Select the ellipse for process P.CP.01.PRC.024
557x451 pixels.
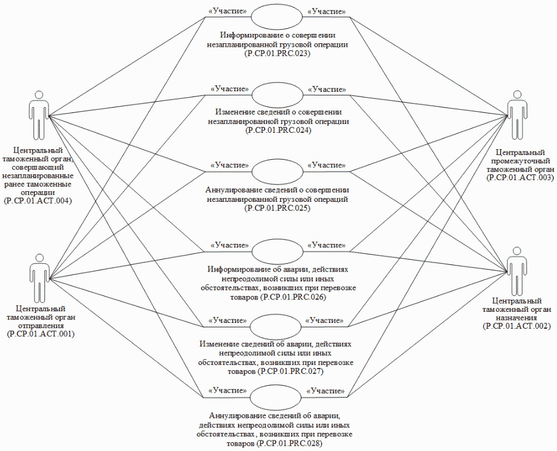click(277, 94)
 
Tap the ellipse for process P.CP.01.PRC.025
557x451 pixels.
click(277, 171)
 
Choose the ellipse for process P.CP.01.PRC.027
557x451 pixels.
click(277, 325)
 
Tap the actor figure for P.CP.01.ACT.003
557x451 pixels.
click(517, 113)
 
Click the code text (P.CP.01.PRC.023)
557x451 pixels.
click(277, 53)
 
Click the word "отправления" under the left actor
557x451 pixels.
click(40, 325)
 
